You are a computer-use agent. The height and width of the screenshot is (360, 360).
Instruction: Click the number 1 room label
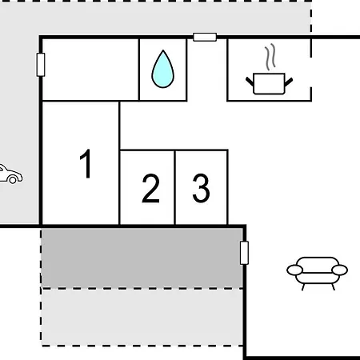pos(86,163)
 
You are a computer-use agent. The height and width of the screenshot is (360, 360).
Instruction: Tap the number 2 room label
pos(151,188)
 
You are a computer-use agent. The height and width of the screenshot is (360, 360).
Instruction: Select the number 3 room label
pos(201,188)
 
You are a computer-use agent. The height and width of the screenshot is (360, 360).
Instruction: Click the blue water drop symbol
pos(162,69)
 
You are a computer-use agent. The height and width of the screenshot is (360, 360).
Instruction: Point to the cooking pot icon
pos(269,83)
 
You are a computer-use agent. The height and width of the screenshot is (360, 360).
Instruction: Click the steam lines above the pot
pos(270,57)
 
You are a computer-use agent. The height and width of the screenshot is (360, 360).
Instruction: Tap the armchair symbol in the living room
pos(317,273)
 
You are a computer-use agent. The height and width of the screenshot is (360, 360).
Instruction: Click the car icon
pos(10,174)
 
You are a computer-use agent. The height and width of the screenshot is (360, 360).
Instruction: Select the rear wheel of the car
pos(13,180)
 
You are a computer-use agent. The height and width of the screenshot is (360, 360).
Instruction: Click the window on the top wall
pos(205,37)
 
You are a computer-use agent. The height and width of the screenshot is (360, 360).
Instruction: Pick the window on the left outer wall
pos(41,65)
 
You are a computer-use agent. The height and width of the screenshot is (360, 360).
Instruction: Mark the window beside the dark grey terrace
pos(244,253)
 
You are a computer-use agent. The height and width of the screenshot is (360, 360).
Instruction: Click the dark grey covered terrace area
pos(142,258)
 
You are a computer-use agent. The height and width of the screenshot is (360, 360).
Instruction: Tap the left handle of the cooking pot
pos(250,82)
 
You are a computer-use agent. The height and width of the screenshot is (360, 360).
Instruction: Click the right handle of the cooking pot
pos(289,82)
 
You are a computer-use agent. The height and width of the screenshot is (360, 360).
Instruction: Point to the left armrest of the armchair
pos(294,270)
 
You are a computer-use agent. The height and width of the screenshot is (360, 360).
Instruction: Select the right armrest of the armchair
pos(339,270)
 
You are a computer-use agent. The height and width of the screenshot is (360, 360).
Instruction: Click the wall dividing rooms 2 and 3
pos(174,188)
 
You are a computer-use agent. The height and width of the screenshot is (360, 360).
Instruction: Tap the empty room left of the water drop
pos(90,70)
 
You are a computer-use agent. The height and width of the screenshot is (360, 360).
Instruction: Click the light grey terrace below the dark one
pos(142,318)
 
